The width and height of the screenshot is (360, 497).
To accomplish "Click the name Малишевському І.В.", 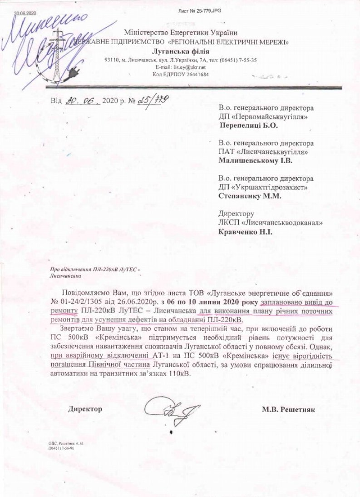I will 254,160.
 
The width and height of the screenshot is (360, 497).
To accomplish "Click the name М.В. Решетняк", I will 288,409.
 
